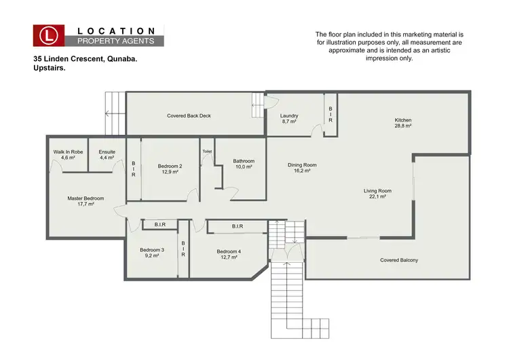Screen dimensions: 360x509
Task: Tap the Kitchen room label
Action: tap(403, 120)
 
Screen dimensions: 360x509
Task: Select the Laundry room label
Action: tap(289, 115)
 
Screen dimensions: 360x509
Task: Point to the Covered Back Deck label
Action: tap(189, 115)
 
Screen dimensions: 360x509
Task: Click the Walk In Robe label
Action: tap(68, 151)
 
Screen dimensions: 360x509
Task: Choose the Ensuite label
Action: tap(107, 151)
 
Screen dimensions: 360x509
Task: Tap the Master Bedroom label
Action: tap(80, 198)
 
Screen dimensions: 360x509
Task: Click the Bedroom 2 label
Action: tap(170, 166)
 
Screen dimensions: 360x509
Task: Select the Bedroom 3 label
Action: tap(152, 250)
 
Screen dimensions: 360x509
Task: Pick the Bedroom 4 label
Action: tap(229, 251)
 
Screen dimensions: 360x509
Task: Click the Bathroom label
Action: tap(243, 161)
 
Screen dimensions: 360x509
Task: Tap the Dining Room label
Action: tap(302, 165)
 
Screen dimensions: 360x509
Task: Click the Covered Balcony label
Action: tap(399, 260)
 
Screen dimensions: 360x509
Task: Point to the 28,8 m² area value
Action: tap(403, 126)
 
